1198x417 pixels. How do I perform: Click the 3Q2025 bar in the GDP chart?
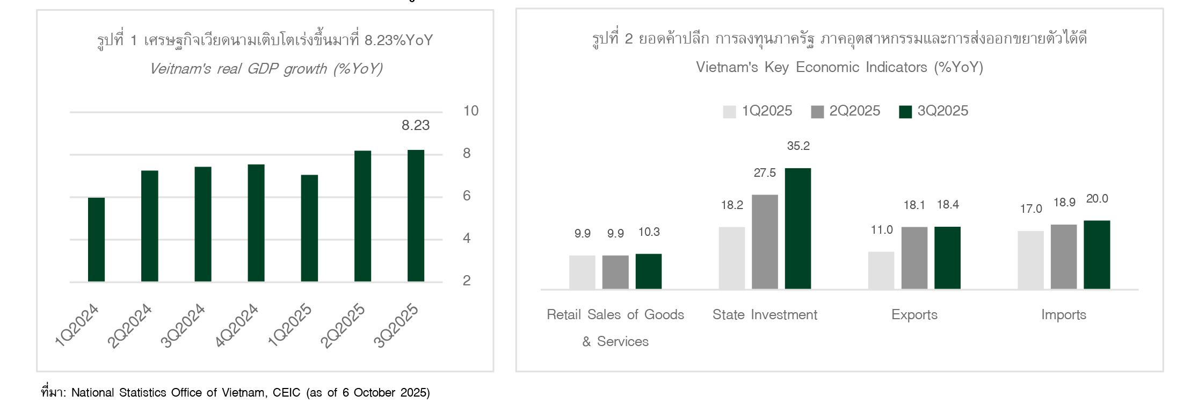(x=416, y=215)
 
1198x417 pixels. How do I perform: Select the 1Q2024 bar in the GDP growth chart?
(x=96, y=240)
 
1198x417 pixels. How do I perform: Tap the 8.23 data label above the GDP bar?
(x=416, y=126)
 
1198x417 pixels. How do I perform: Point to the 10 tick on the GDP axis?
(x=470, y=111)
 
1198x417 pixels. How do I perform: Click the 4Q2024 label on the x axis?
(x=236, y=326)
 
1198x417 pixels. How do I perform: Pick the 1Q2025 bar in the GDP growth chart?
(x=309, y=228)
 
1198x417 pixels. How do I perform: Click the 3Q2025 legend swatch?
(x=905, y=112)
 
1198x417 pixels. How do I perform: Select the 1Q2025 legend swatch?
(x=729, y=112)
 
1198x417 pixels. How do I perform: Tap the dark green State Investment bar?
(x=798, y=228)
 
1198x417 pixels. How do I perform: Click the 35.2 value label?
(x=798, y=146)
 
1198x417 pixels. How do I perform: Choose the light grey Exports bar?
(x=881, y=270)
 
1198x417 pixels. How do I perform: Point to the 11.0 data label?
(x=882, y=231)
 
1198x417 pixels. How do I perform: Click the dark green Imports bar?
(x=1097, y=255)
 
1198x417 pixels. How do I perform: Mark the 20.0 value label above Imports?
(x=1097, y=199)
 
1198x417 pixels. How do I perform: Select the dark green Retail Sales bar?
(x=649, y=271)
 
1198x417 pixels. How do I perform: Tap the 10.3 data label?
(x=649, y=232)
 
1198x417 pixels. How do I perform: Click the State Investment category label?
(x=765, y=315)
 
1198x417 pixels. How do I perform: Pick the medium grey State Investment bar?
(x=765, y=242)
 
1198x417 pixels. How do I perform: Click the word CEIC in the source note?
(x=286, y=393)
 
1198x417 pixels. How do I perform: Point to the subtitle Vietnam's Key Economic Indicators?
(x=839, y=67)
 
